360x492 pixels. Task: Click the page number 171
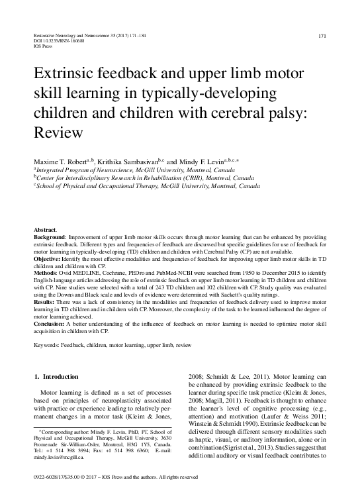coord(323,35)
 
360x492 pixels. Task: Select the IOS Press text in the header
coord(42,46)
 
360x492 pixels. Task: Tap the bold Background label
coord(50,236)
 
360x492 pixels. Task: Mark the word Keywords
coord(47,346)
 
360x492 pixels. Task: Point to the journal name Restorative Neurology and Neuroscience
coord(81,34)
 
